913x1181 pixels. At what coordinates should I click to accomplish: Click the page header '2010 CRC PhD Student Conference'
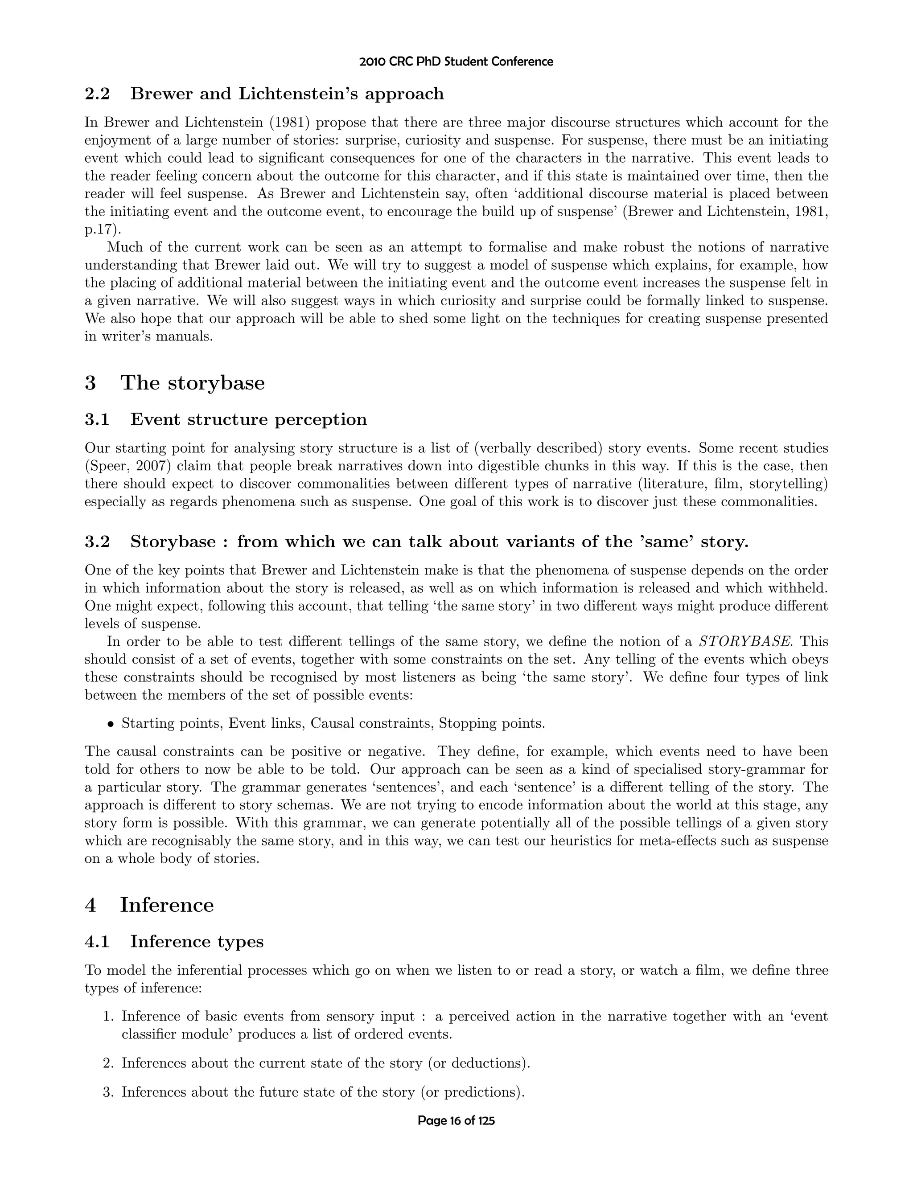[456, 62]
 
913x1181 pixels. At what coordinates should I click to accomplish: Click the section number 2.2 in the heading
[97, 94]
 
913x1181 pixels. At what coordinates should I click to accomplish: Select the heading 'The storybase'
[193, 383]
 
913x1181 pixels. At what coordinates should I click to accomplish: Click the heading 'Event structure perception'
[248, 420]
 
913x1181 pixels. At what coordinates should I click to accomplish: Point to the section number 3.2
[97, 542]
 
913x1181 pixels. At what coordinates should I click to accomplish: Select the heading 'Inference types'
[197, 941]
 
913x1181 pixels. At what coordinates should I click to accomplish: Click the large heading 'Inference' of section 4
[167, 905]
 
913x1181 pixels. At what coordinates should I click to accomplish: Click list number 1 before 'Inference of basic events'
[108, 1017]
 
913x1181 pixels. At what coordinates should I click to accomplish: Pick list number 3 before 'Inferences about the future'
[108, 1092]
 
